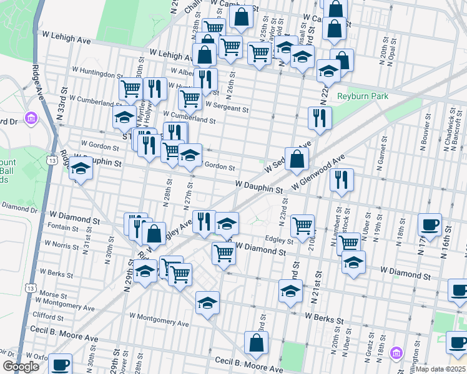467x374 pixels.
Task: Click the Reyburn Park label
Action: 363,96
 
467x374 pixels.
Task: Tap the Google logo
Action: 21,367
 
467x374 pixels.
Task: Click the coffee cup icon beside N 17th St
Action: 430,225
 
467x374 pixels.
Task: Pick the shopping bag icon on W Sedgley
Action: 297,159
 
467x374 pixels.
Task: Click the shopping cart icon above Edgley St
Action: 302,226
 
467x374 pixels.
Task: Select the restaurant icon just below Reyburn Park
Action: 320,117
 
